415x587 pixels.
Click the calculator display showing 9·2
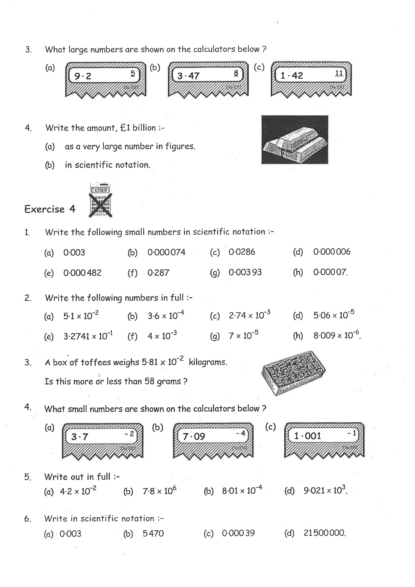[105, 75]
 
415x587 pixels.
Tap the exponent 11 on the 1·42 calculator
[339, 73]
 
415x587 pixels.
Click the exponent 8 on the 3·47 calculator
[236, 73]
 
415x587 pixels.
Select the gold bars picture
[295, 140]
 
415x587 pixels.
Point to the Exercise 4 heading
[50, 209]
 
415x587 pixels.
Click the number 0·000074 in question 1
[166, 252]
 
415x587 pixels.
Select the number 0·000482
[82, 273]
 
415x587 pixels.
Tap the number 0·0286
[242, 252]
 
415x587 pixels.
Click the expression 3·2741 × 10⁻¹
[88, 335]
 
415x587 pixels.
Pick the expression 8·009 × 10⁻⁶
[336, 335]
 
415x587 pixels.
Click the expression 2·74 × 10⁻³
[249, 315]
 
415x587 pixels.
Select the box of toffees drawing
[294, 373]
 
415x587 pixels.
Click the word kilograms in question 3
[208, 362]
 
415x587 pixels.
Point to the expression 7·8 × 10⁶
[159, 491]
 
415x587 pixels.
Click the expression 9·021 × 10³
[325, 490]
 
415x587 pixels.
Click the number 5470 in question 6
[153, 533]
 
